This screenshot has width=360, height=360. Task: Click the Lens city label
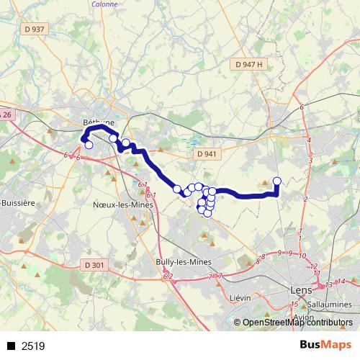coord(298,290)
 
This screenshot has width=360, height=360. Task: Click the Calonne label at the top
coord(105,2)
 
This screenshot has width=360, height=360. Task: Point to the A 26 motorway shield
coord(6,115)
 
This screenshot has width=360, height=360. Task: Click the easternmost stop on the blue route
coord(277,181)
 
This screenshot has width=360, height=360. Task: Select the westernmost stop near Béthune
coord(89,145)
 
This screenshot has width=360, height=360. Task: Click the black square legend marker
coord(11,346)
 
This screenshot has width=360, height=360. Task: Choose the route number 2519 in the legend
coord(33,346)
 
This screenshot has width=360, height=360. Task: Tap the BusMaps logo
coord(325,345)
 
